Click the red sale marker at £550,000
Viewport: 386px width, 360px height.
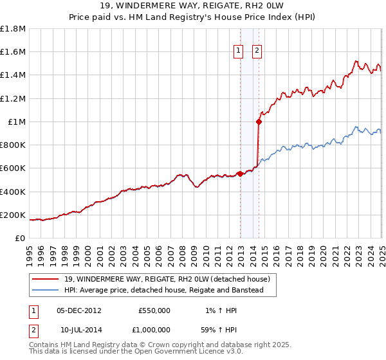click(x=240, y=174)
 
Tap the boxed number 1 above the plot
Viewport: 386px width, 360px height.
click(x=238, y=51)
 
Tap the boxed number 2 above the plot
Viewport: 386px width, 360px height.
click(x=257, y=51)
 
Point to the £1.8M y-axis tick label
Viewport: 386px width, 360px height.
click(x=13, y=29)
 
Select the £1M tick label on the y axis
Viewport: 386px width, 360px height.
click(x=17, y=122)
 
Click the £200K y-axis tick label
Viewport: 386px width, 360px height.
click(x=13, y=215)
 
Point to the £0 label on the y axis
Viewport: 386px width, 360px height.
click(x=21, y=238)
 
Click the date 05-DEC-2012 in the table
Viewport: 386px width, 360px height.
click(x=79, y=310)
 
